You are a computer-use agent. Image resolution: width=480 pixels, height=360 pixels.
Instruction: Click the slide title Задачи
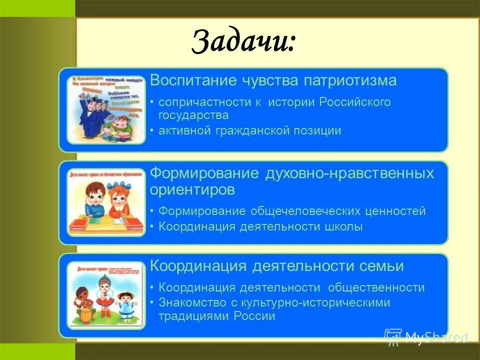tap(243, 40)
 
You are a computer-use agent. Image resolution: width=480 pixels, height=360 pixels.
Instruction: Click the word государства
tap(193, 115)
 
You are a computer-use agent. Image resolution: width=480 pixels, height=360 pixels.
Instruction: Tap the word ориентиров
tap(192, 190)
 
